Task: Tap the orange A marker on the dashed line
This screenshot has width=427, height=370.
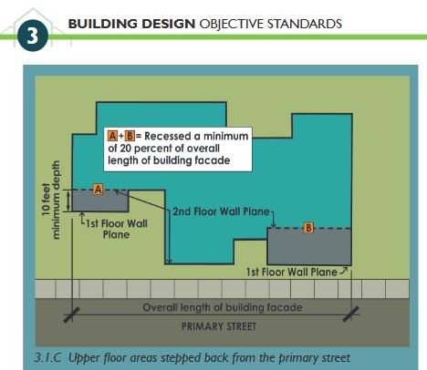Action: [x=98, y=189]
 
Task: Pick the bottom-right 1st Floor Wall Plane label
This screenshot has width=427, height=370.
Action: [x=291, y=272]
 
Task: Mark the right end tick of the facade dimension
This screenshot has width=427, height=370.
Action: [x=351, y=314]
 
